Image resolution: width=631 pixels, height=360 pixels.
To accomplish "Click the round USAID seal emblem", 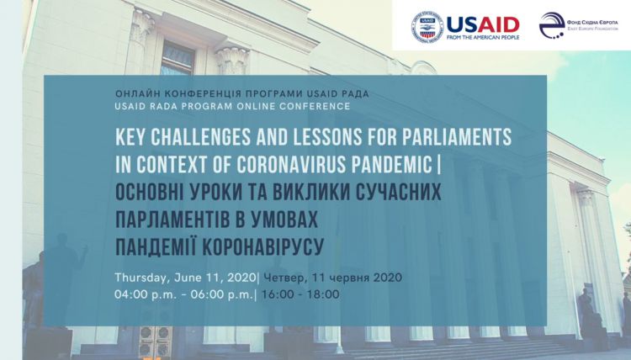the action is point(427,27).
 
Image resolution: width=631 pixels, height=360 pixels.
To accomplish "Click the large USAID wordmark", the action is point(483,25).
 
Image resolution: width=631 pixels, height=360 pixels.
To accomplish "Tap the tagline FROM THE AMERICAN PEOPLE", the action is point(483,37).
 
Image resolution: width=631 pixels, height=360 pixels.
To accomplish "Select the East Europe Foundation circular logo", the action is point(552,25).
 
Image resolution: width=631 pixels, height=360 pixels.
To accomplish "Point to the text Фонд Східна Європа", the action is point(592,23).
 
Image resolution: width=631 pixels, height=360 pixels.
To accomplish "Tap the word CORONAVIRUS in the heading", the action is point(291,165).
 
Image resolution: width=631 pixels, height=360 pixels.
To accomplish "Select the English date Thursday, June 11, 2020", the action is point(185,278).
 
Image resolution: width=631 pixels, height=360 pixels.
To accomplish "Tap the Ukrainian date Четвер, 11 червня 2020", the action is point(333,278).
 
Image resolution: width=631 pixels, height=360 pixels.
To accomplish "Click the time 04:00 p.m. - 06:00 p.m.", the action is point(183,294).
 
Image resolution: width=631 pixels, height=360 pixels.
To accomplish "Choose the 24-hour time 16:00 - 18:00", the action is point(300,294).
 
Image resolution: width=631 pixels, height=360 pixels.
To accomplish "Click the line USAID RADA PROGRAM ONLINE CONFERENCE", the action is point(232,106).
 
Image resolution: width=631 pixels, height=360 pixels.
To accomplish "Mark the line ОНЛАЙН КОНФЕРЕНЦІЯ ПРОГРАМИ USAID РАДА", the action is point(241,93).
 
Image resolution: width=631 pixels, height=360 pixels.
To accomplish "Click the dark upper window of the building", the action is point(177,58).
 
